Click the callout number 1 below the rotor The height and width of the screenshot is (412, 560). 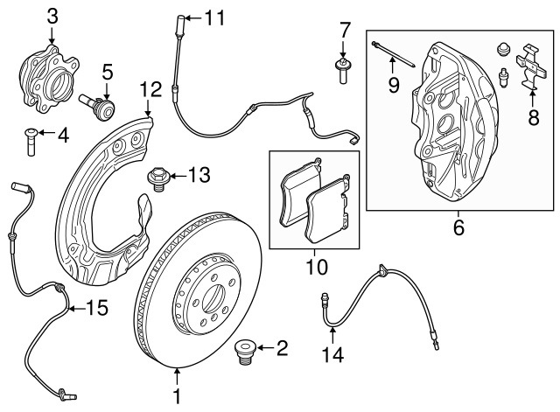pyautogui.click(x=178, y=396)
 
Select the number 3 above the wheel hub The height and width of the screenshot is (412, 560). pyautogui.click(x=52, y=15)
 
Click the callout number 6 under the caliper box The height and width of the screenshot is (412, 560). pyautogui.click(x=458, y=228)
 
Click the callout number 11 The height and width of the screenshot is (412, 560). pyautogui.click(x=214, y=17)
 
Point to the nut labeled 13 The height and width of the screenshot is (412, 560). pyautogui.click(x=158, y=178)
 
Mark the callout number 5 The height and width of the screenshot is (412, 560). pyautogui.click(x=108, y=70)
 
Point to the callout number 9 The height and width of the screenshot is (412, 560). pyautogui.click(x=394, y=84)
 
